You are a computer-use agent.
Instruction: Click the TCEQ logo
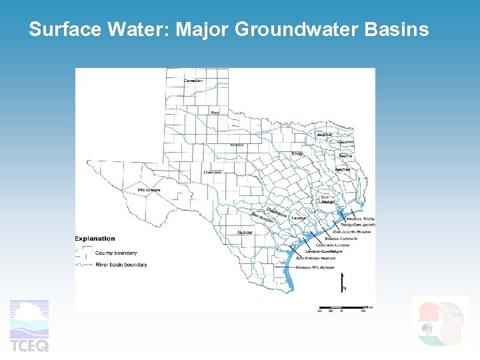point(29,326)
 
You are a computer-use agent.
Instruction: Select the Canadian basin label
point(193,81)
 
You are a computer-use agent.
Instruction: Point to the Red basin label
point(215,112)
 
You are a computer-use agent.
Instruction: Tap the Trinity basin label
point(297,153)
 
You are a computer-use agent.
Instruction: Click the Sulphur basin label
point(325,135)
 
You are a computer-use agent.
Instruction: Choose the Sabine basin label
point(345,155)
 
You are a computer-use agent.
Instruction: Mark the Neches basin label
point(342,169)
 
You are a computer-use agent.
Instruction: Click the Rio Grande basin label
point(149,190)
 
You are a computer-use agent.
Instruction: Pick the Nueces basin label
point(244,233)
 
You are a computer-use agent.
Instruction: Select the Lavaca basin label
point(298,218)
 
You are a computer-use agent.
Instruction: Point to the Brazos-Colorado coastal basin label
point(341,238)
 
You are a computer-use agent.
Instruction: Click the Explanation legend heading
point(95,238)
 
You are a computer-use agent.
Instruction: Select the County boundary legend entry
point(116,253)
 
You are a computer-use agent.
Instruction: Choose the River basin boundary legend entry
point(121,265)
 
